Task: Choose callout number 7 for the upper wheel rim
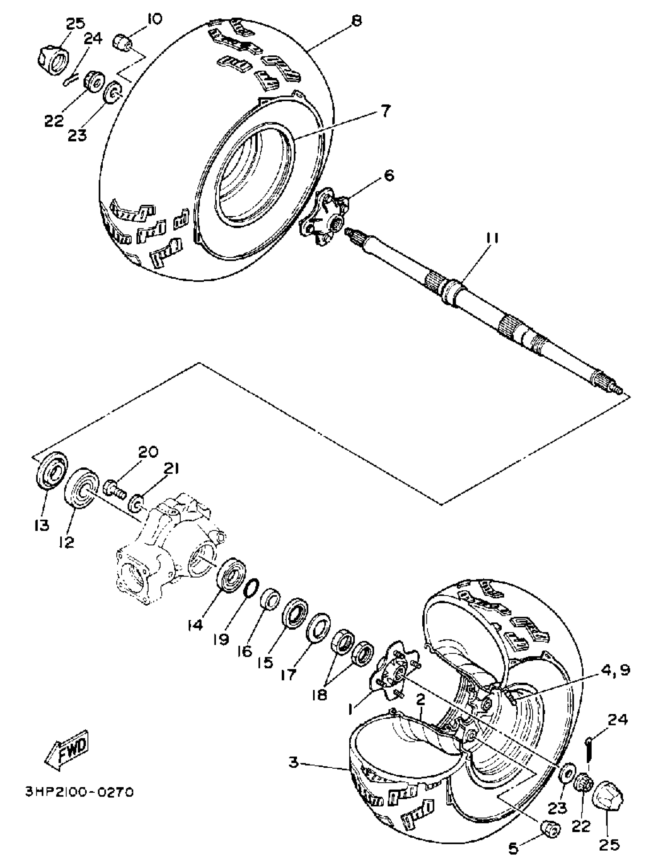384,111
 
